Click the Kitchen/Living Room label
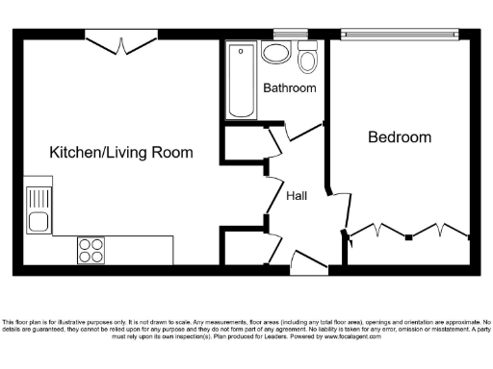121,153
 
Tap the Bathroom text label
290,88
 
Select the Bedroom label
400,137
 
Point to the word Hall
297,195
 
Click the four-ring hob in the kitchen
91,250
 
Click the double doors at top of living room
120,42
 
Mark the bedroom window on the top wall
397,37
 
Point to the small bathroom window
283,36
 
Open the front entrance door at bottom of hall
307,261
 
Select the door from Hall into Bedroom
338,211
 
